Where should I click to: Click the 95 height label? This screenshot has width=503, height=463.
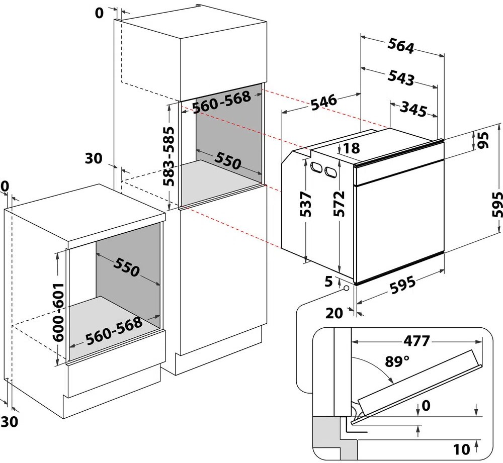pyautogui.click(x=484, y=141)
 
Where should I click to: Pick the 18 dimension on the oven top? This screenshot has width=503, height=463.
pyautogui.click(x=352, y=148)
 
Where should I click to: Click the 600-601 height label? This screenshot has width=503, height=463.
pyautogui.click(x=59, y=311)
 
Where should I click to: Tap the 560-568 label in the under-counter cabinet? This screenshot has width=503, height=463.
pyautogui.click(x=114, y=332)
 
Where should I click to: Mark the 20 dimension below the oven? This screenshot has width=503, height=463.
pyautogui.click(x=334, y=313)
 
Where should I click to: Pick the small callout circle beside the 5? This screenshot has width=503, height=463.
pyautogui.click(x=347, y=288)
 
